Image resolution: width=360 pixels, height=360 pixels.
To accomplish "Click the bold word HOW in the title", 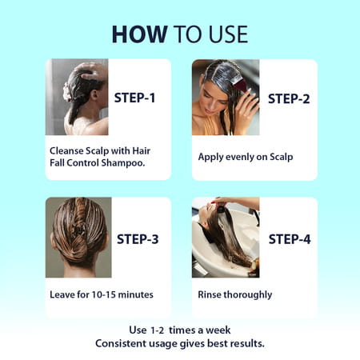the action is click(139, 34).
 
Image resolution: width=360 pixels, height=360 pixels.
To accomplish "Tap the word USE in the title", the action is click(228, 34).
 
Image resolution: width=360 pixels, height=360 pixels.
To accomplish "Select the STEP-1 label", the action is click(134, 98).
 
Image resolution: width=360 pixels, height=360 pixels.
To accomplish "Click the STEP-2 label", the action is click(289, 98).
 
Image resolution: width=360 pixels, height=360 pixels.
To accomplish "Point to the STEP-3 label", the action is click(138, 239).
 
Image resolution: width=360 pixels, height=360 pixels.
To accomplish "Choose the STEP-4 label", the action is click(290, 239).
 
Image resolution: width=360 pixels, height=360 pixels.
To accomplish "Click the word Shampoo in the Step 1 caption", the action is click(123, 162).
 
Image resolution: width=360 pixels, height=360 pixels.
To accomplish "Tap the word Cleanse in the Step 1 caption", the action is click(66, 150).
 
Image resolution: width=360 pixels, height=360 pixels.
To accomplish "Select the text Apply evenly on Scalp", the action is click(246, 157).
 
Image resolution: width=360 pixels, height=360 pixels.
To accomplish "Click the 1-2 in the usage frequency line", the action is click(157, 330).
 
